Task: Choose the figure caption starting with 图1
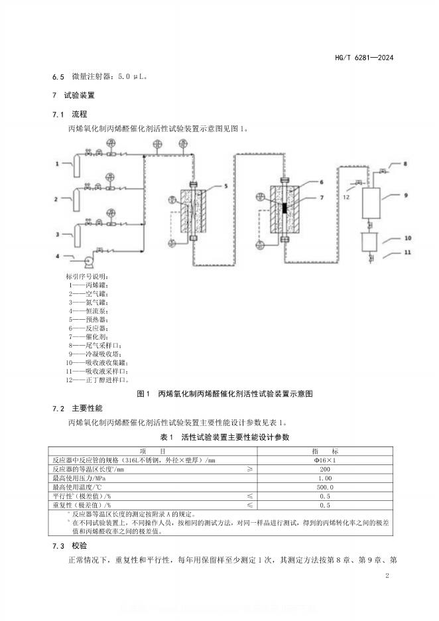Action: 223,393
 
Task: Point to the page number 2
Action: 387,576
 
